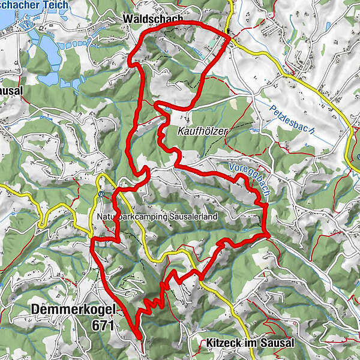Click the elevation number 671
[x=104, y=325]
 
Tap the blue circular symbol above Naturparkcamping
[x=100, y=194]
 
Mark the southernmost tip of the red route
[x=139, y=337]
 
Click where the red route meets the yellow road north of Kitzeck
[x=200, y=277]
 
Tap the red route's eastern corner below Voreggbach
[x=266, y=234]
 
